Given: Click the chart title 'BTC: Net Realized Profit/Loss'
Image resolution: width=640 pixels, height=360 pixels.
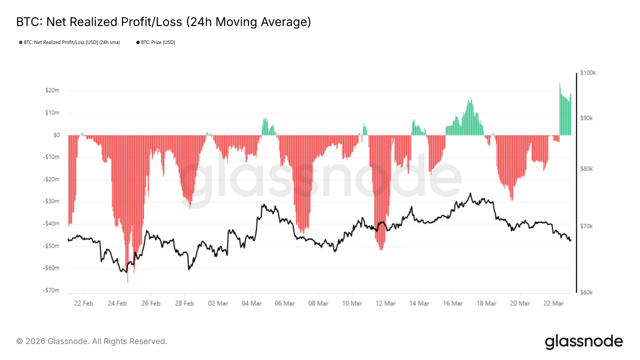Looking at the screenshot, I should click(x=163, y=22).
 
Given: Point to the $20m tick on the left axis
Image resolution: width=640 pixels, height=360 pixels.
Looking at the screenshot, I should click(x=52, y=90).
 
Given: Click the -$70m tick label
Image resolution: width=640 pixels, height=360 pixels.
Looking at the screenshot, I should click(x=51, y=290).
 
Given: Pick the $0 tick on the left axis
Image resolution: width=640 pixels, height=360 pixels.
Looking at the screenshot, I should click(x=56, y=135).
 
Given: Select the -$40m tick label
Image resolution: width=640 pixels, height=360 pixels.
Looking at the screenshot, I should click(x=51, y=223).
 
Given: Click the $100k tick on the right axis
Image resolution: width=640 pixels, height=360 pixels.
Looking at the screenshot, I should click(x=588, y=73).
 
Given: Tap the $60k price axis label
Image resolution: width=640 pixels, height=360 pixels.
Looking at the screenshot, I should click(x=586, y=292).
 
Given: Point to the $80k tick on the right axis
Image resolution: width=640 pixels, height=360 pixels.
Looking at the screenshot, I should click(x=586, y=169).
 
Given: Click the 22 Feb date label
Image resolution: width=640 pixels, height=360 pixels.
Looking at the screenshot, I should click(x=83, y=303).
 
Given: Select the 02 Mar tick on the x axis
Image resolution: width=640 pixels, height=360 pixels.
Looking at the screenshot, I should click(x=218, y=303).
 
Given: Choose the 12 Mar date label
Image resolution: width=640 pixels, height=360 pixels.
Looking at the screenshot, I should click(x=385, y=303).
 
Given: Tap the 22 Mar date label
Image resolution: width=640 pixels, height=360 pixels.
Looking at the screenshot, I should click(x=553, y=303).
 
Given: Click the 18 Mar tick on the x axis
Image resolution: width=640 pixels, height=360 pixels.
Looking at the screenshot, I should click(x=486, y=303).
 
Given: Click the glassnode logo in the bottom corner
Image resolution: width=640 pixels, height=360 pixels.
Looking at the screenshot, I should click(x=584, y=342).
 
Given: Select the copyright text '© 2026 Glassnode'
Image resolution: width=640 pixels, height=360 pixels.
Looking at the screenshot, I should click(x=92, y=341).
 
